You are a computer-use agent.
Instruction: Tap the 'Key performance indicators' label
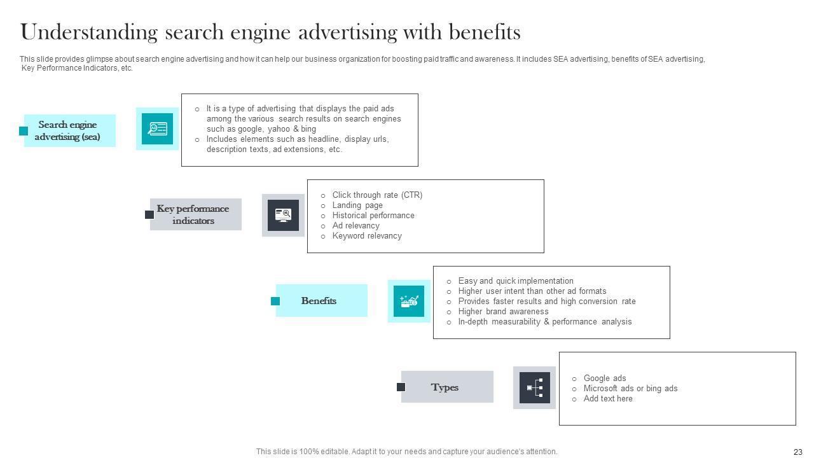click(193, 214)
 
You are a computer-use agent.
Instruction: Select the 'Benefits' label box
click(319, 300)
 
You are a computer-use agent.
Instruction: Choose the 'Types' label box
click(445, 387)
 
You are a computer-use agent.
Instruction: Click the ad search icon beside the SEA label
click(157, 128)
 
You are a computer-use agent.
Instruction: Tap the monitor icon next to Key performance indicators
click(283, 215)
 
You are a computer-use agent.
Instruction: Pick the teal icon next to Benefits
click(409, 301)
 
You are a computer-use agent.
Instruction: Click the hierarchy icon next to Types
click(535, 387)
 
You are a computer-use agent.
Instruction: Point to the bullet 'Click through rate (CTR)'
click(377, 195)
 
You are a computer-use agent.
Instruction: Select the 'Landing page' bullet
click(357, 205)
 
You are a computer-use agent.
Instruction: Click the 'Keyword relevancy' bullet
click(367, 236)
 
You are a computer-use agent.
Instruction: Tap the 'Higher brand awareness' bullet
click(503, 312)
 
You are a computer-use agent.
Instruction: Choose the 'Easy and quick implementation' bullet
click(516, 281)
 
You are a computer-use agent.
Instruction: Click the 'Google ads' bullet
click(605, 378)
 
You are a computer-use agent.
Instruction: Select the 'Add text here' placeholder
click(608, 399)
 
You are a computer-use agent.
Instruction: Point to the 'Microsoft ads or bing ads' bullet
click(630, 389)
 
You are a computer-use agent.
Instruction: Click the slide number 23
click(798, 452)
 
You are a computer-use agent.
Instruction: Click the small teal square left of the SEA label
click(24, 131)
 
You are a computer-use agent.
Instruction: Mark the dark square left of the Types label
click(401, 387)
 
